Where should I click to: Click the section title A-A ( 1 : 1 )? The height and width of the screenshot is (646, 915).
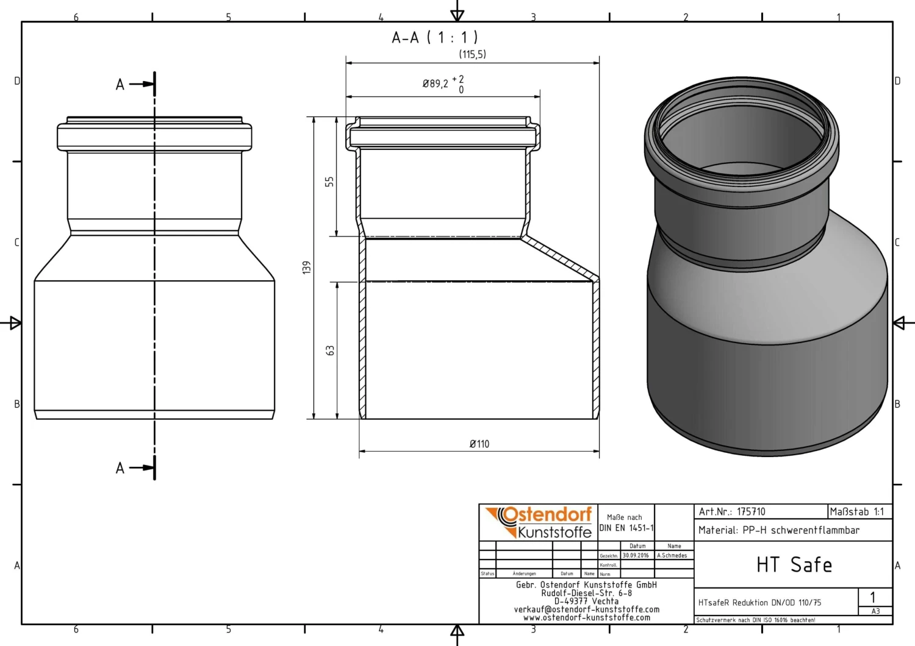(434, 38)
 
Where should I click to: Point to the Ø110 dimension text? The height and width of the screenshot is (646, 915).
(479, 444)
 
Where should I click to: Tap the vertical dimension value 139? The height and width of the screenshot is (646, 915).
(307, 268)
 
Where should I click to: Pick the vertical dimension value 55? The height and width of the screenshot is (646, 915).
(329, 182)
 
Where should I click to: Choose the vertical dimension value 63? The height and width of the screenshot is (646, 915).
(330, 350)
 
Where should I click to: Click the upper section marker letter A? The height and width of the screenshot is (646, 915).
(120, 85)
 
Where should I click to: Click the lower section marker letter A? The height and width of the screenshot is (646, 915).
(120, 468)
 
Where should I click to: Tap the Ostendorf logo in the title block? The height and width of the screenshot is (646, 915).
(539, 522)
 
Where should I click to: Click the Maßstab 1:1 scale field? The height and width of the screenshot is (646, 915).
(856, 512)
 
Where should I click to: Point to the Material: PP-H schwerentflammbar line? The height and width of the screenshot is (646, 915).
(778, 530)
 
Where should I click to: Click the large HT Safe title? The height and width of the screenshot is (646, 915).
(794, 565)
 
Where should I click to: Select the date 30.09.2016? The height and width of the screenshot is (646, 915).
(636, 556)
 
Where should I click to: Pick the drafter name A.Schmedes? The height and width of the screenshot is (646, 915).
(672, 556)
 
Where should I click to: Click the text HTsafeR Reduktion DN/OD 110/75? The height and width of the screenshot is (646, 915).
(759, 603)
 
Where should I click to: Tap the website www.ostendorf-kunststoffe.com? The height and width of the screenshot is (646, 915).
(586, 617)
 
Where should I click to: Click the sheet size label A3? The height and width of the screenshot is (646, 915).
(875, 611)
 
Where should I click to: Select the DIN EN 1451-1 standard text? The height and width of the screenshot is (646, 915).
(626, 528)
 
